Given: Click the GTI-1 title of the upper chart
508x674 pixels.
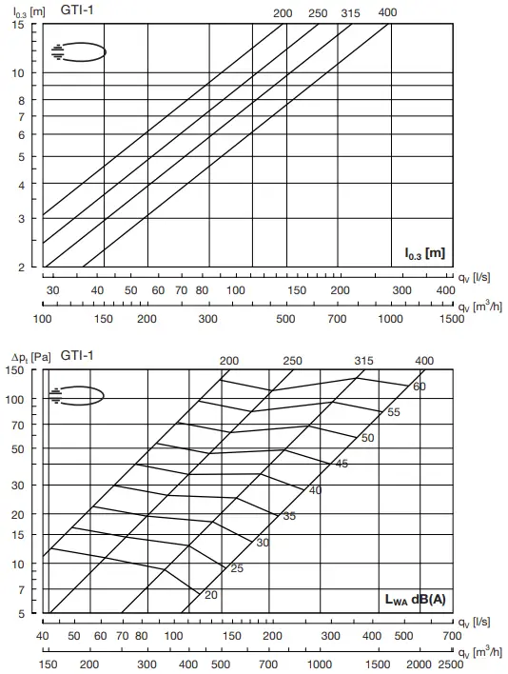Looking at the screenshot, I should coord(76,10).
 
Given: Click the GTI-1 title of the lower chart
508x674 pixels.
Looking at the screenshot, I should coord(77,356).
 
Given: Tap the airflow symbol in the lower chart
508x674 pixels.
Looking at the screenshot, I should coord(78,395).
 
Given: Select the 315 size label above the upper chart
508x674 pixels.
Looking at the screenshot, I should coord(350,13).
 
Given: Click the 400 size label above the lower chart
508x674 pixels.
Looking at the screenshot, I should coord(425,361).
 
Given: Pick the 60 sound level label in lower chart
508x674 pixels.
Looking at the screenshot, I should coord(420,387).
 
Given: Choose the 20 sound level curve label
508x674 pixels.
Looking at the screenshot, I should coord(211,594).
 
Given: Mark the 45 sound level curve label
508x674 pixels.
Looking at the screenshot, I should coord(342,464).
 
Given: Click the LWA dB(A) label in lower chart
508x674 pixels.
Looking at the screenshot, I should coord(418,599).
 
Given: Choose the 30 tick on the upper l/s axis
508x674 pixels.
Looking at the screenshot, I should coord(52,290).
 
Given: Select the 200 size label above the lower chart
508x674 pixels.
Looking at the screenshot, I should coord(229,361).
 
